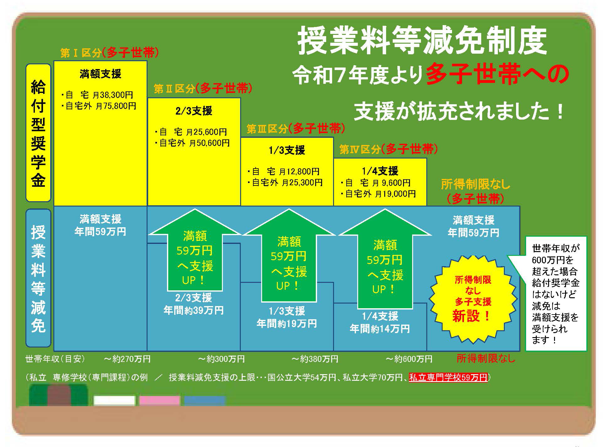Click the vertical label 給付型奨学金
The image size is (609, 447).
(38, 133)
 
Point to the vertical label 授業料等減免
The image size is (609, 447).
(38, 278)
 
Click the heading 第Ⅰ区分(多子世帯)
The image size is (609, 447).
(109, 53)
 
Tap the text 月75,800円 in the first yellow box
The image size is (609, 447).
(116, 106)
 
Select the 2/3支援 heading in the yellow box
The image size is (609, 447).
(194, 111)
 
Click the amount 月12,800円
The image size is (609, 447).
(299, 171)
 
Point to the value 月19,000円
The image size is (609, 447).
(395, 194)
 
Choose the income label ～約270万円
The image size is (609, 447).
(127, 359)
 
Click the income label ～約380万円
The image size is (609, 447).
(315, 359)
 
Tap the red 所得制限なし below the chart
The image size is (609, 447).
(486, 358)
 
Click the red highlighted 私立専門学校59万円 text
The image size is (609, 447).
(448, 377)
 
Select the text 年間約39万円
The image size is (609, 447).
(194, 310)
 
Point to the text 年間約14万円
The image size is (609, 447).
(380, 329)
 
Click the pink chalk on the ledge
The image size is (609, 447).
(159, 401)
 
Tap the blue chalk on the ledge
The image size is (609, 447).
(205, 401)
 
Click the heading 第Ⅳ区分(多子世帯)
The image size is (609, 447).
(388, 149)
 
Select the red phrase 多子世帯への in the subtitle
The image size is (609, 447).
(497, 74)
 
